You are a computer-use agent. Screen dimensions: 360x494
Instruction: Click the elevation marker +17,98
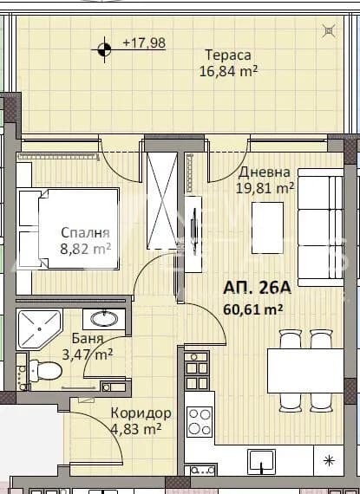point(144,42)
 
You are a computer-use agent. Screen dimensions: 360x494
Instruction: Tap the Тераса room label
point(228,55)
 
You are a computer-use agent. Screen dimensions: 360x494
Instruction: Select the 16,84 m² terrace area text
point(228,71)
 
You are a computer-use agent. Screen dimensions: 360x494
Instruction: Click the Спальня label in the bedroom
point(85,232)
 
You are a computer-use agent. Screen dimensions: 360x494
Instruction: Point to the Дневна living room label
point(265,172)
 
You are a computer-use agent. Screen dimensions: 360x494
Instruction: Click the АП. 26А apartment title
point(257,288)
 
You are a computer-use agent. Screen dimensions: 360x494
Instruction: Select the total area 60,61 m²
point(252,309)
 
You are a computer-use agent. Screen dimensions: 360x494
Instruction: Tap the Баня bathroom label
point(88,338)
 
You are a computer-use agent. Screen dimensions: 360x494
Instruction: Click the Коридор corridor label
point(141,413)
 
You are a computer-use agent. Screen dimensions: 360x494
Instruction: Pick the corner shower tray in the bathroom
point(39,329)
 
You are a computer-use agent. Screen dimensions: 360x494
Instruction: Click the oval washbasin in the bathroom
point(104,319)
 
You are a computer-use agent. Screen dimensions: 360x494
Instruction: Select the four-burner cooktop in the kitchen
point(200,421)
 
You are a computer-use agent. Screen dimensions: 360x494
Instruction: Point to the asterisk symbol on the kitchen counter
point(329,460)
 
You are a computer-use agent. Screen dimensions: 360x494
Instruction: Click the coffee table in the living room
point(267,228)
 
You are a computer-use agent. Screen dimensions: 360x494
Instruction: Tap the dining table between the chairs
point(305,371)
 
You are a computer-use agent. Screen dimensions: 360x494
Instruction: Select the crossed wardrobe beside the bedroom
point(161,200)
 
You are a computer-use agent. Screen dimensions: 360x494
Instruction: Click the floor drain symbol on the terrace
point(329,31)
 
